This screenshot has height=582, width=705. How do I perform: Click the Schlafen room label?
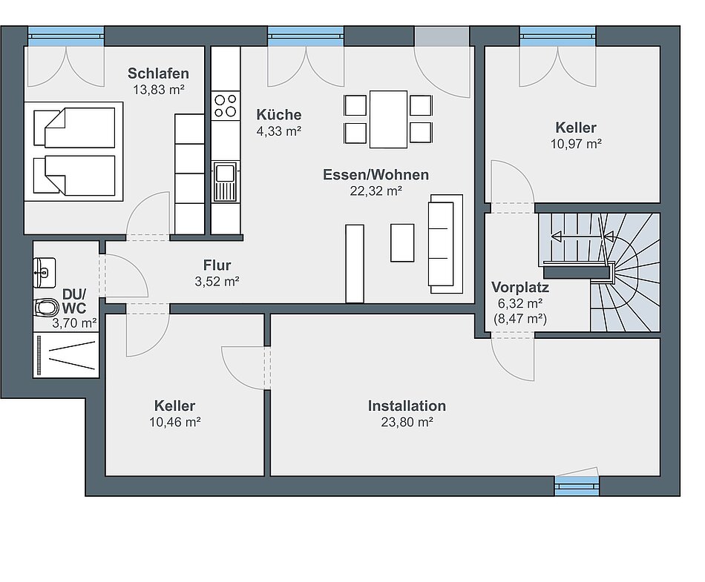158,73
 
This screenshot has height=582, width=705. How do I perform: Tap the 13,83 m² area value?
159,90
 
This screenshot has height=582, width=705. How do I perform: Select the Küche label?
279,114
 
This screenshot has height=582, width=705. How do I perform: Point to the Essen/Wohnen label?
376,175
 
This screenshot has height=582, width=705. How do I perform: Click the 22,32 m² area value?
376,191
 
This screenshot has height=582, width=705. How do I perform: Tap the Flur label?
217,265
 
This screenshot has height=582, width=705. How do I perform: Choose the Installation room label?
407,406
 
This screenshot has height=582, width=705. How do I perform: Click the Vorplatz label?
520,287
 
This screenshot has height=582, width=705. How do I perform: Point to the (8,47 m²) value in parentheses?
520,319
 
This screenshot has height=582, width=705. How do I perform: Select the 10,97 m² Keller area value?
577,144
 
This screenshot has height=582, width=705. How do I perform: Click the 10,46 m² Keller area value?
175,422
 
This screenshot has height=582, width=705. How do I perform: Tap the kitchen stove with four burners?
226,105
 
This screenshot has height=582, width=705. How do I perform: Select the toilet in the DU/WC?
46,308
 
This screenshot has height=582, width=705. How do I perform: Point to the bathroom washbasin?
45,272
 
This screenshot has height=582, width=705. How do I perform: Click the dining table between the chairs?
388,119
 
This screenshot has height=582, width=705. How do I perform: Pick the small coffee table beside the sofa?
402,242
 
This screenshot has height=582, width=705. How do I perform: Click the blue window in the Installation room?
577,485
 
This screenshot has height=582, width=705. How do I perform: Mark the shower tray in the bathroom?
66,355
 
